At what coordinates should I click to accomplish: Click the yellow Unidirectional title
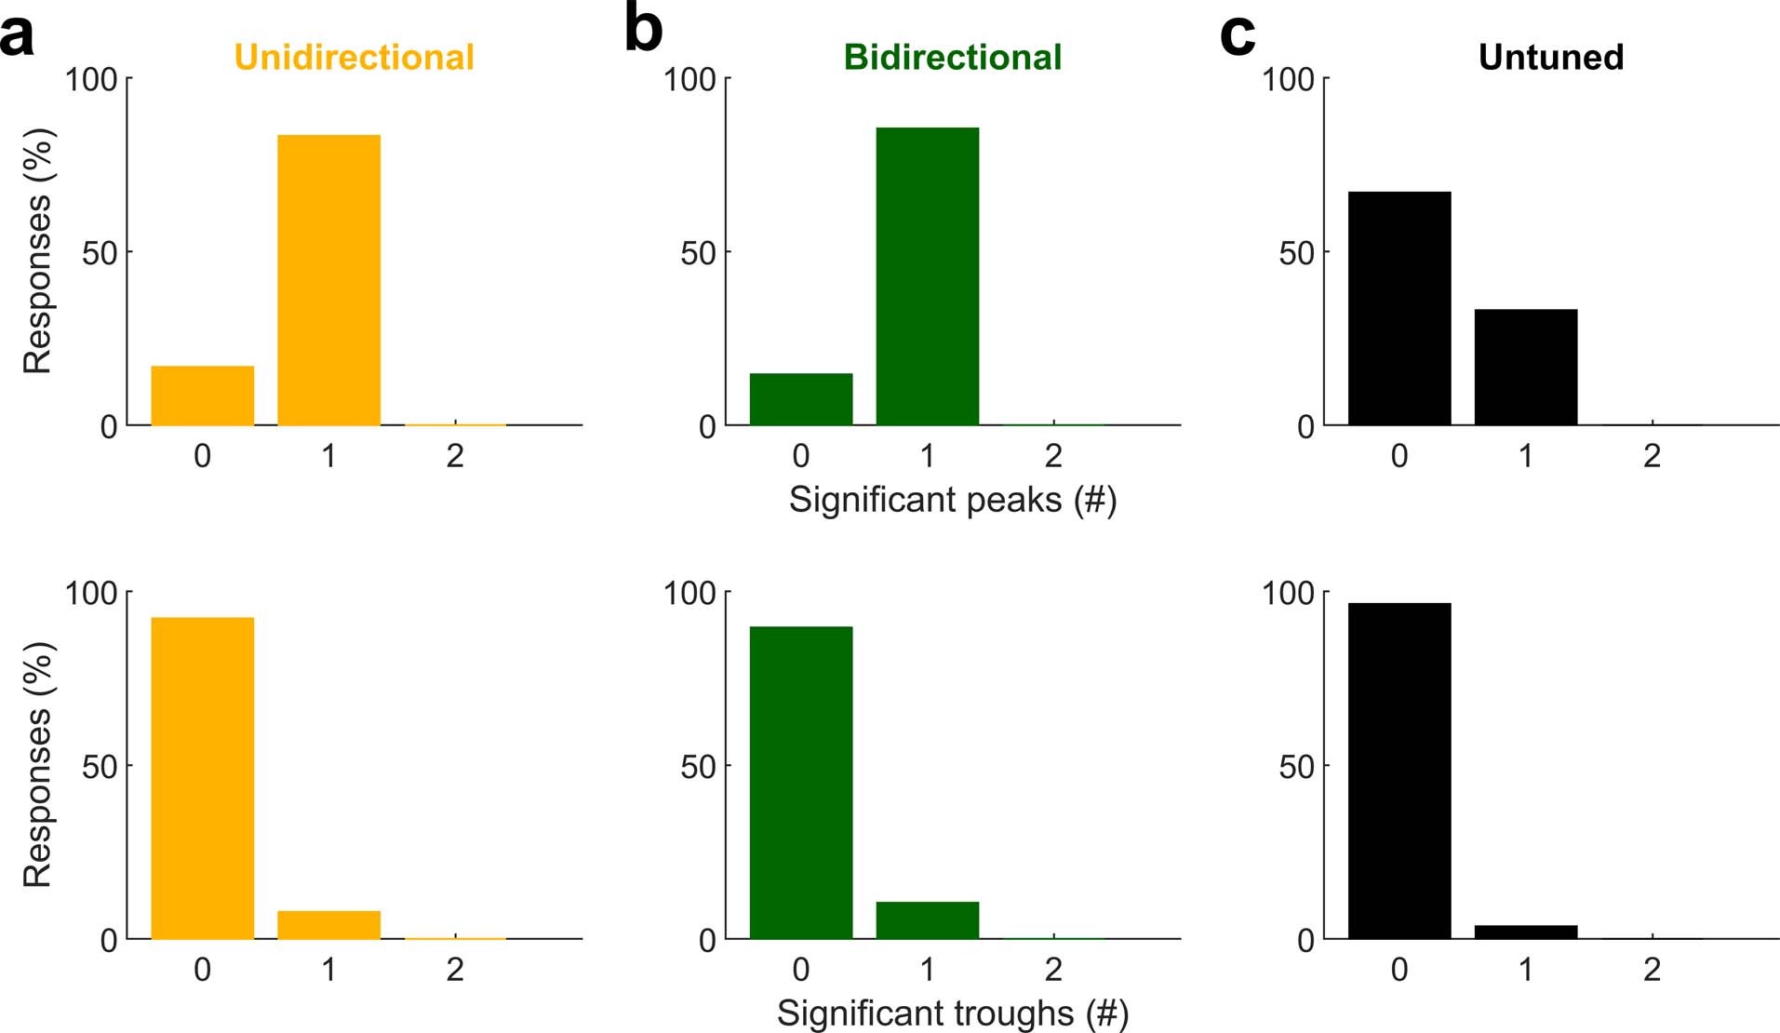point(354,58)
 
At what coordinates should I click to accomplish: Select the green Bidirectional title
point(952,58)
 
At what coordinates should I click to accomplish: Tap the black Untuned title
point(1550,58)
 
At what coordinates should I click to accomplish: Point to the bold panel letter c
point(1238,35)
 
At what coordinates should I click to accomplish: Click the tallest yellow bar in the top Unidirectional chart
point(328,279)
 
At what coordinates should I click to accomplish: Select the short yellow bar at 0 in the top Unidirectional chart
point(202,396)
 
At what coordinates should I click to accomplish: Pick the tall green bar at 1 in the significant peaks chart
point(927,276)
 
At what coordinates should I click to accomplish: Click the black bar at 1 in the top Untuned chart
point(1525,367)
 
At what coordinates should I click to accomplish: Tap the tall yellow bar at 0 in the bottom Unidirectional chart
point(202,777)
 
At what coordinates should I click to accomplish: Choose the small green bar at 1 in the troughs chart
point(927,919)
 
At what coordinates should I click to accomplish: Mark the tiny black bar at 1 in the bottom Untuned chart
point(1525,932)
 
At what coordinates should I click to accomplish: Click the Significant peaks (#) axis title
point(952,500)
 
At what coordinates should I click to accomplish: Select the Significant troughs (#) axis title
point(952,1013)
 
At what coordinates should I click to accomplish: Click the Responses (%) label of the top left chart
point(38,251)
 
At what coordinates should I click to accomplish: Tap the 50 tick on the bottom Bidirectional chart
point(698,767)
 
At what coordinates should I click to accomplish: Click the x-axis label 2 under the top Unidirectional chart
point(455,456)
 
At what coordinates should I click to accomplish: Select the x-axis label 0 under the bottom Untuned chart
point(1399,970)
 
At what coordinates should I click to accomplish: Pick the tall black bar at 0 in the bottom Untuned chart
point(1399,771)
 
